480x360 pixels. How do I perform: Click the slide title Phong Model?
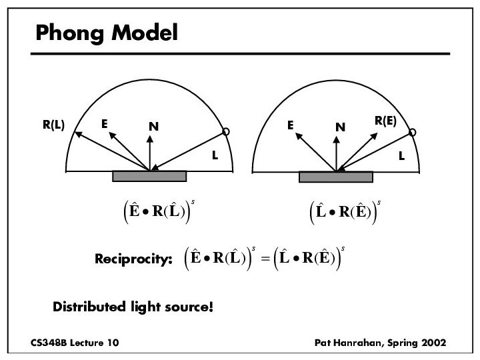pyautogui.click(x=107, y=32)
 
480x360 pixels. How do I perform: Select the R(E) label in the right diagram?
pyautogui.click(x=385, y=121)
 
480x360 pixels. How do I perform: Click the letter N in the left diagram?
pyautogui.click(x=153, y=126)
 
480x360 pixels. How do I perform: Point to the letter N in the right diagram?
pyautogui.click(x=341, y=127)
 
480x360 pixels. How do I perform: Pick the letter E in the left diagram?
pyautogui.click(x=105, y=123)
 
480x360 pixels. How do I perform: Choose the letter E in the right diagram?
pyautogui.click(x=290, y=124)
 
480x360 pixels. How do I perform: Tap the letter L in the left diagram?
pyautogui.click(x=215, y=155)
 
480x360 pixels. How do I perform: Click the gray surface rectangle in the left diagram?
pyautogui.click(x=149, y=176)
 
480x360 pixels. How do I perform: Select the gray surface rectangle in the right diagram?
pyautogui.click(x=335, y=177)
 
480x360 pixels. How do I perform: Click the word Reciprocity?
pyautogui.click(x=133, y=259)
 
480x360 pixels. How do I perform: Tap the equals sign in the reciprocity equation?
pyautogui.click(x=264, y=259)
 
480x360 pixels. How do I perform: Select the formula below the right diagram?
pyautogui.click(x=342, y=212)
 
